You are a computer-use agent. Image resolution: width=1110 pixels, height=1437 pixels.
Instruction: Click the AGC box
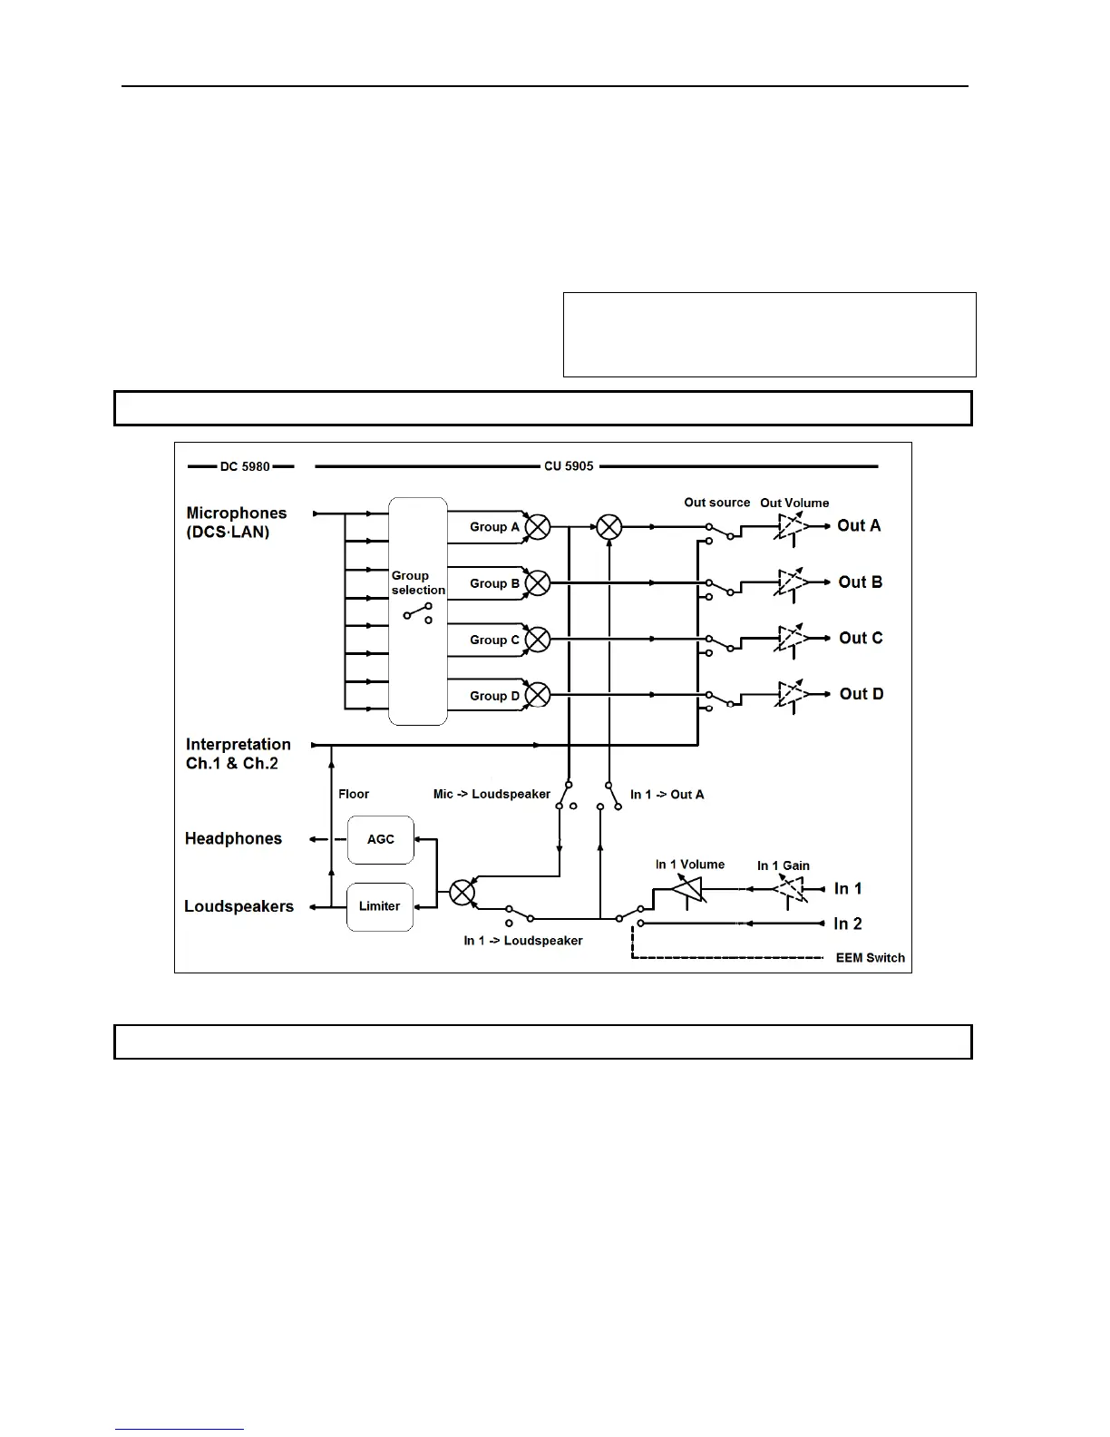click(381, 839)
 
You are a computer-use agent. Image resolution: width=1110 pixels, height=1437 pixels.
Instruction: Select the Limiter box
click(380, 906)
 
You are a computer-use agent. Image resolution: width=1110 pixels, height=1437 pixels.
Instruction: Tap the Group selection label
click(418, 582)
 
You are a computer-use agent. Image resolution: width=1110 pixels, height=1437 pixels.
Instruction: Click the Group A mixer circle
click(538, 527)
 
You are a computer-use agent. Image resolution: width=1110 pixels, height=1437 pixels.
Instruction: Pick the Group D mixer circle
click(538, 696)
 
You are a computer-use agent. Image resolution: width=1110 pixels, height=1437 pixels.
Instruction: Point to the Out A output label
click(859, 525)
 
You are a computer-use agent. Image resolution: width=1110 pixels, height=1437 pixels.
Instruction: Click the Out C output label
click(861, 638)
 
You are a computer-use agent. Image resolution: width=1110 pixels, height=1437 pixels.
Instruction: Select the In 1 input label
click(848, 888)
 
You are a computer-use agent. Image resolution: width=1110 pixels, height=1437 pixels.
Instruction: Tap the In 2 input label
click(848, 924)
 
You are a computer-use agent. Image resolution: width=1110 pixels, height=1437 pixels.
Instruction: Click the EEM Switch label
click(870, 958)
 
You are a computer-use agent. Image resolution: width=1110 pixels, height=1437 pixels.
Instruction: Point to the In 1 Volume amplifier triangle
click(689, 889)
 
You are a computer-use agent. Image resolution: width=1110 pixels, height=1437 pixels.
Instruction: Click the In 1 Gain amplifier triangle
click(790, 889)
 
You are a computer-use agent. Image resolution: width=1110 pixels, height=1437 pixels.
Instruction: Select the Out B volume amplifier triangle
click(792, 582)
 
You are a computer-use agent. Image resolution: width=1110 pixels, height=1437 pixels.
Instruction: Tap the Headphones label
click(233, 838)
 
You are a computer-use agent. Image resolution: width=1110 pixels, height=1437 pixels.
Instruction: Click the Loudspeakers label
click(239, 906)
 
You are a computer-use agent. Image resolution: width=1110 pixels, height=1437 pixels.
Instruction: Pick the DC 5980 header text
click(245, 466)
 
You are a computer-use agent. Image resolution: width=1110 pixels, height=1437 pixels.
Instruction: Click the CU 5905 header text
click(569, 466)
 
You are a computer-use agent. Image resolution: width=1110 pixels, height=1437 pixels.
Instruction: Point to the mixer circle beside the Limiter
click(462, 893)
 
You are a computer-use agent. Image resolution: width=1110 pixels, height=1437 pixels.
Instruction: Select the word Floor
click(354, 794)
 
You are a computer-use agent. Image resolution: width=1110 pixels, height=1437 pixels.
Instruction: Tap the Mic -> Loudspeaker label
click(492, 794)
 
